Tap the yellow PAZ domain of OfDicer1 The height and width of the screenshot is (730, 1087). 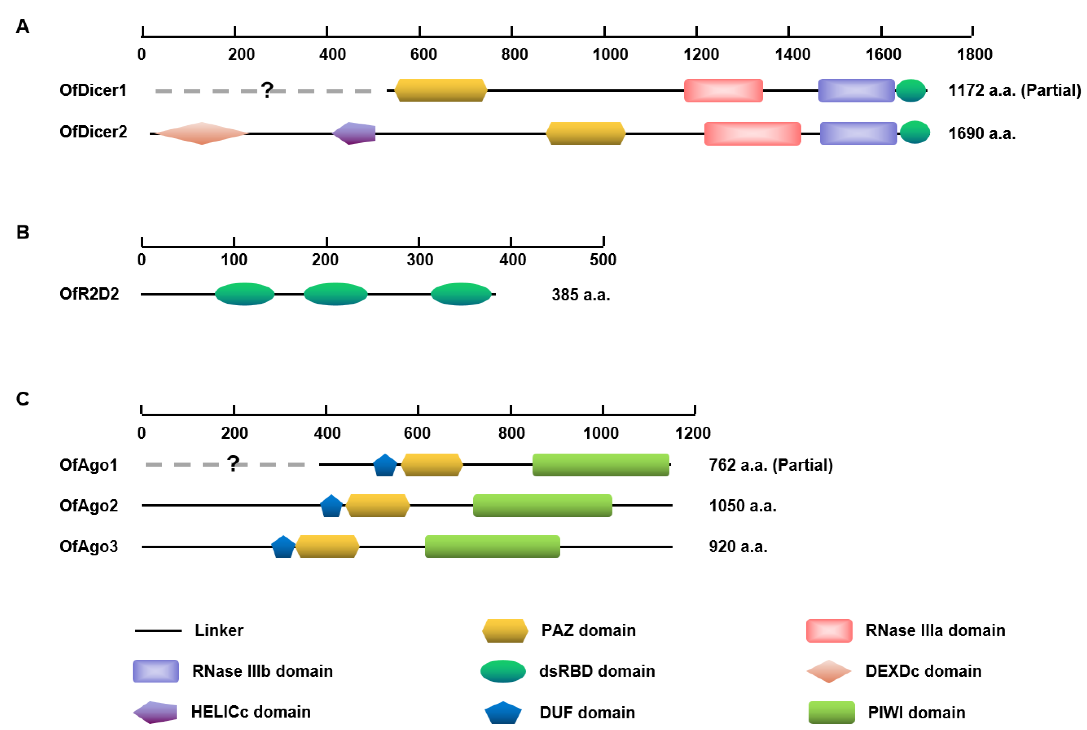(x=441, y=90)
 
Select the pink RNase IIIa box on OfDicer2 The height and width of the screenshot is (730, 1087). (x=752, y=134)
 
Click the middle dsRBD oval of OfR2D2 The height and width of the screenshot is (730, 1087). (x=336, y=294)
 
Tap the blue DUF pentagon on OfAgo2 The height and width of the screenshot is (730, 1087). (x=331, y=506)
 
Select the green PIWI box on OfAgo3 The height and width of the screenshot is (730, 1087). (x=492, y=547)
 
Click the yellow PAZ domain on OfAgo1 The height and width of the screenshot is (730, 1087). (x=432, y=465)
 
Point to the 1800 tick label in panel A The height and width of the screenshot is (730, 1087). (x=974, y=54)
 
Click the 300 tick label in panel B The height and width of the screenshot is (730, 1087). (x=420, y=259)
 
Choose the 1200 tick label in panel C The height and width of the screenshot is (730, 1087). (x=692, y=433)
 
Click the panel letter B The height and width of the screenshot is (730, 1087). (x=23, y=232)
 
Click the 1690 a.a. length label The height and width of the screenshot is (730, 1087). (x=982, y=134)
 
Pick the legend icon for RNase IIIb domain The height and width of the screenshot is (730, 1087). (x=155, y=671)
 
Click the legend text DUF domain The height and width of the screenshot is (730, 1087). (x=587, y=712)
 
